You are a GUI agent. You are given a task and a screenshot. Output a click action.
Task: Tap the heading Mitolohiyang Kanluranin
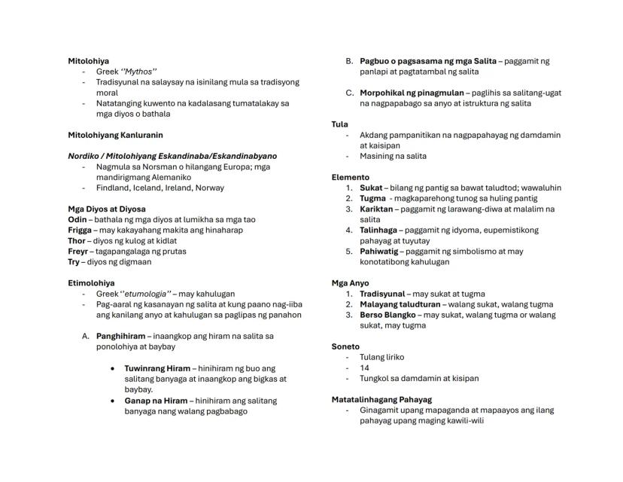(115, 135)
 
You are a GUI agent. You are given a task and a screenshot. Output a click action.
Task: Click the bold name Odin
(78, 219)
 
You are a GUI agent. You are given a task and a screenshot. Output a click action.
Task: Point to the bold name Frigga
(80, 230)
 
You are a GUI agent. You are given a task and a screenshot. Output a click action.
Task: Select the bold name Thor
(77, 240)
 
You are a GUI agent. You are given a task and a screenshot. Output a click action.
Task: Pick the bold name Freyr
(78, 251)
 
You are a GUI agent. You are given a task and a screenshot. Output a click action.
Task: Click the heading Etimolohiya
(91, 282)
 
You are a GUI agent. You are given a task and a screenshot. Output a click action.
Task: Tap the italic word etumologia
(145, 294)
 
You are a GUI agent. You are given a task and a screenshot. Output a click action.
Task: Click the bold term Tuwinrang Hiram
(157, 368)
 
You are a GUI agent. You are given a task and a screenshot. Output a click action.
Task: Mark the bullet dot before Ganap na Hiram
(112, 401)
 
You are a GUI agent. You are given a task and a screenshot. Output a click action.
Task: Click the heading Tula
(339, 124)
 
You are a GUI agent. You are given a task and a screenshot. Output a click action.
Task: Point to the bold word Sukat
(370, 188)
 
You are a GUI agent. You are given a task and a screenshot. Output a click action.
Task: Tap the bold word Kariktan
(376, 209)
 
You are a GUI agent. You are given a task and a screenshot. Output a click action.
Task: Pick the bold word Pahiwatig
(378, 251)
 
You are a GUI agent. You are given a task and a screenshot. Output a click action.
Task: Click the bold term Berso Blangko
(387, 315)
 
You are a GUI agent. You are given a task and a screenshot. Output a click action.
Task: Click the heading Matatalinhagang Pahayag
(381, 399)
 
